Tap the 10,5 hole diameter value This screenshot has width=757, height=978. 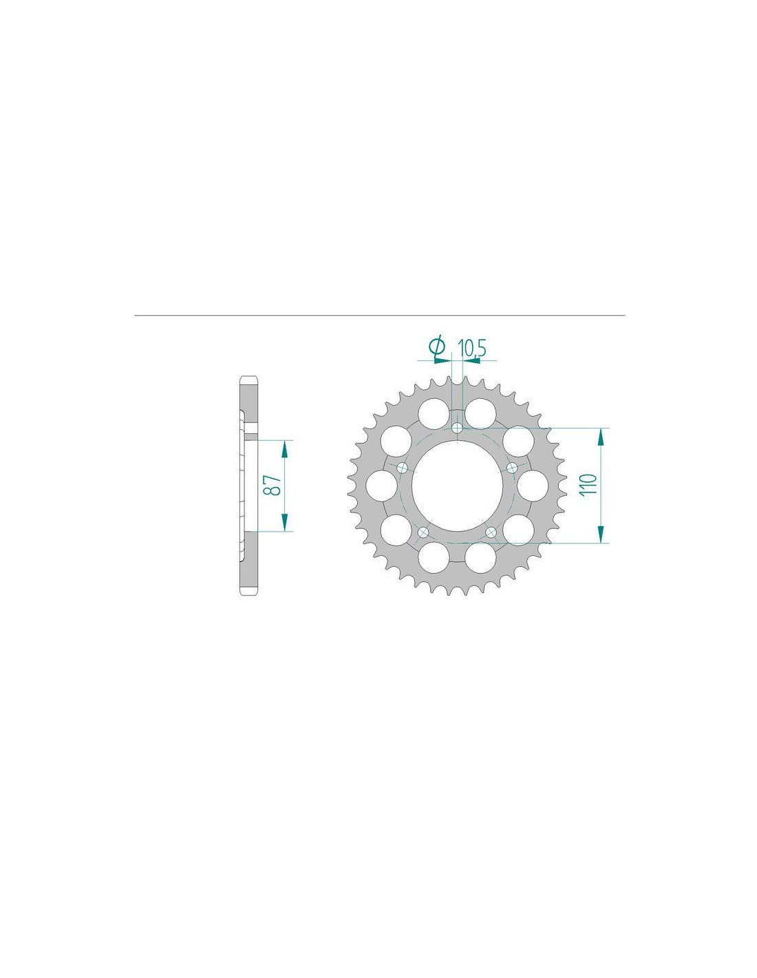[x=471, y=349]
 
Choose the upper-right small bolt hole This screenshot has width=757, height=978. [x=512, y=468]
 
